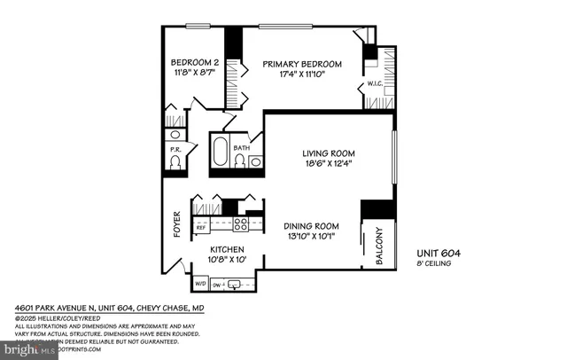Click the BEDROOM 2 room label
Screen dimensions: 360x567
pyautogui.click(x=191, y=62)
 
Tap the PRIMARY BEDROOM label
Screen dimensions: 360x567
pyautogui.click(x=301, y=64)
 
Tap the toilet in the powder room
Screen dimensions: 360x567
pyautogui.click(x=175, y=165)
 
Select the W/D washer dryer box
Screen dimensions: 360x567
pyautogui.click(x=200, y=285)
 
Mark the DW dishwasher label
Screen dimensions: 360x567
pyautogui.click(x=217, y=285)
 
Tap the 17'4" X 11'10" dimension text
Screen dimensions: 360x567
pyautogui.click(x=301, y=75)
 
